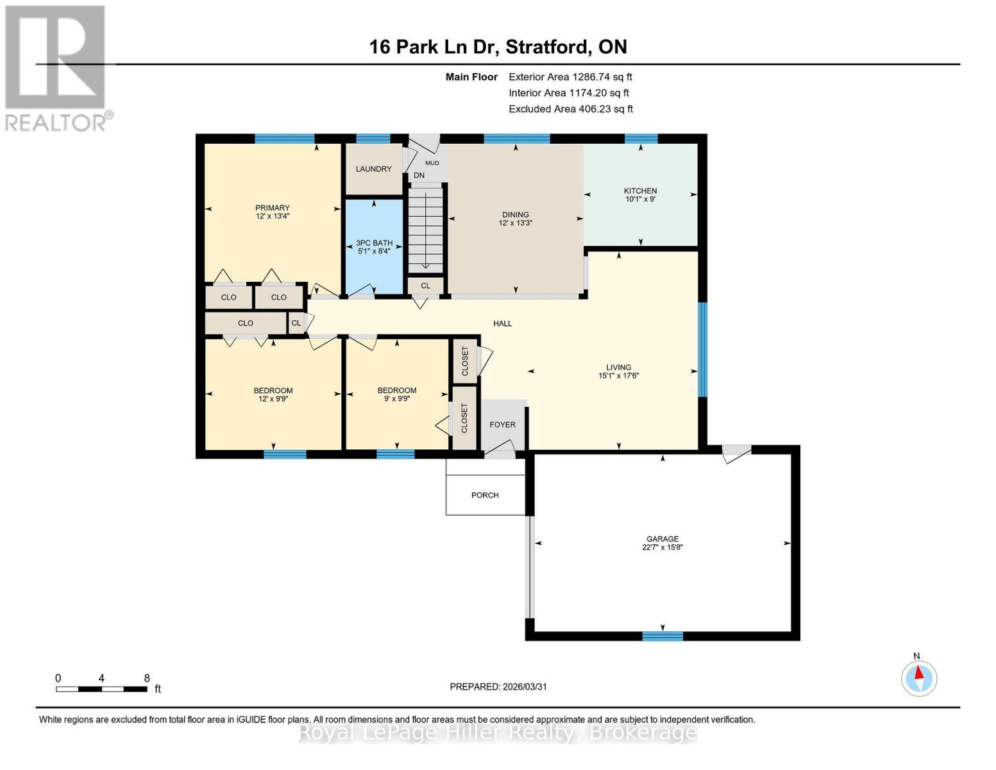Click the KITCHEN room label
click(x=640, y=191)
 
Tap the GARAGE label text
click(x=663, y=539)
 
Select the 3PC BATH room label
click(x=374, y=243)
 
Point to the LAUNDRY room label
click(x=373, y=169)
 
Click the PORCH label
click(x=485, y=495)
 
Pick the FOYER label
click(x=502, y=425)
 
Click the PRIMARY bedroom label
click(x=273, y=208)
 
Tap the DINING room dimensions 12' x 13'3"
click(x=516, y=223)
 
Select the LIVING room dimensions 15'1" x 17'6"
click(x=618, y=376)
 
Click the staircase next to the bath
click(x=426, y=228)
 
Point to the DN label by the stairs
click(x=419, y=175)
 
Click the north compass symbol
click(x=919, y=678)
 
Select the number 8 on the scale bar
click(x=147, y=678)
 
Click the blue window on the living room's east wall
click(x=702, y=349)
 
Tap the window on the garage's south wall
click(x=663, y=636)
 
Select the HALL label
click(x=502, y=323)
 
